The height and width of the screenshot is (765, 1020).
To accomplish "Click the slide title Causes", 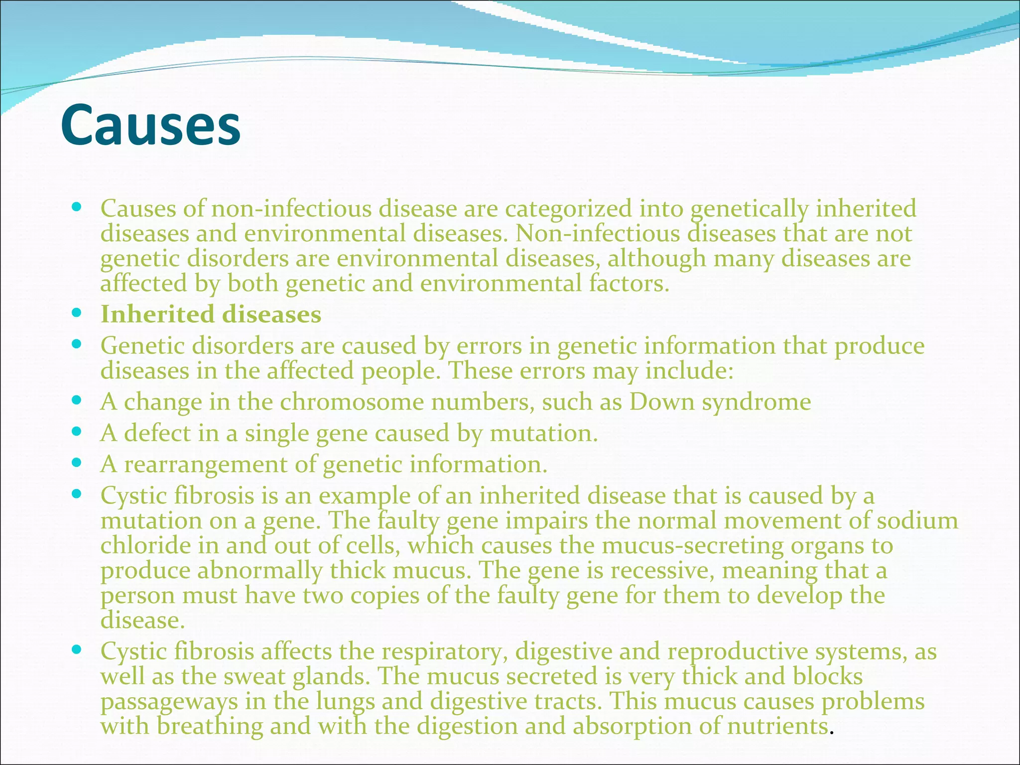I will [x=150, y=125].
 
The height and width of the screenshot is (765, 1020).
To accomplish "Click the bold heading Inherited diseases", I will [x=211, y=314].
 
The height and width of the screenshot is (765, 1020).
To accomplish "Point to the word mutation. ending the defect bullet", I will [x=543, y=433].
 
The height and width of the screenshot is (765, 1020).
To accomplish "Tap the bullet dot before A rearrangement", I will [x=76, y=463].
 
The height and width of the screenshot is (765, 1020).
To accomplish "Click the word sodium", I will [x=917, y=521].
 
